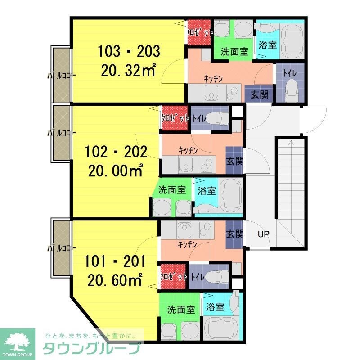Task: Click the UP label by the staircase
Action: (263, 234)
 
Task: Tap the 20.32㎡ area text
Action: (129, 70)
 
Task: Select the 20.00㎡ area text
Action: (116, 171)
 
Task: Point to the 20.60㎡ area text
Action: (115, 279)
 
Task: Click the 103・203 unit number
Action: (129, 51)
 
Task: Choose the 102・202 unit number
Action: (116, 152)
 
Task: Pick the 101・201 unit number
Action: (115, 261)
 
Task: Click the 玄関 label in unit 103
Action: (260, 94)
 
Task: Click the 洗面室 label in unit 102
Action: (172, 190)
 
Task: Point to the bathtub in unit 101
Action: (221, 328)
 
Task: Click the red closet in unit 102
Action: (175, 118)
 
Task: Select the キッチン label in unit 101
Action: (187, 244)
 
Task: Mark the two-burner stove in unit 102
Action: (208, 164)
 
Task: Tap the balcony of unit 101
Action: (62, 247)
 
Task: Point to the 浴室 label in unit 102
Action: (207, 190)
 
